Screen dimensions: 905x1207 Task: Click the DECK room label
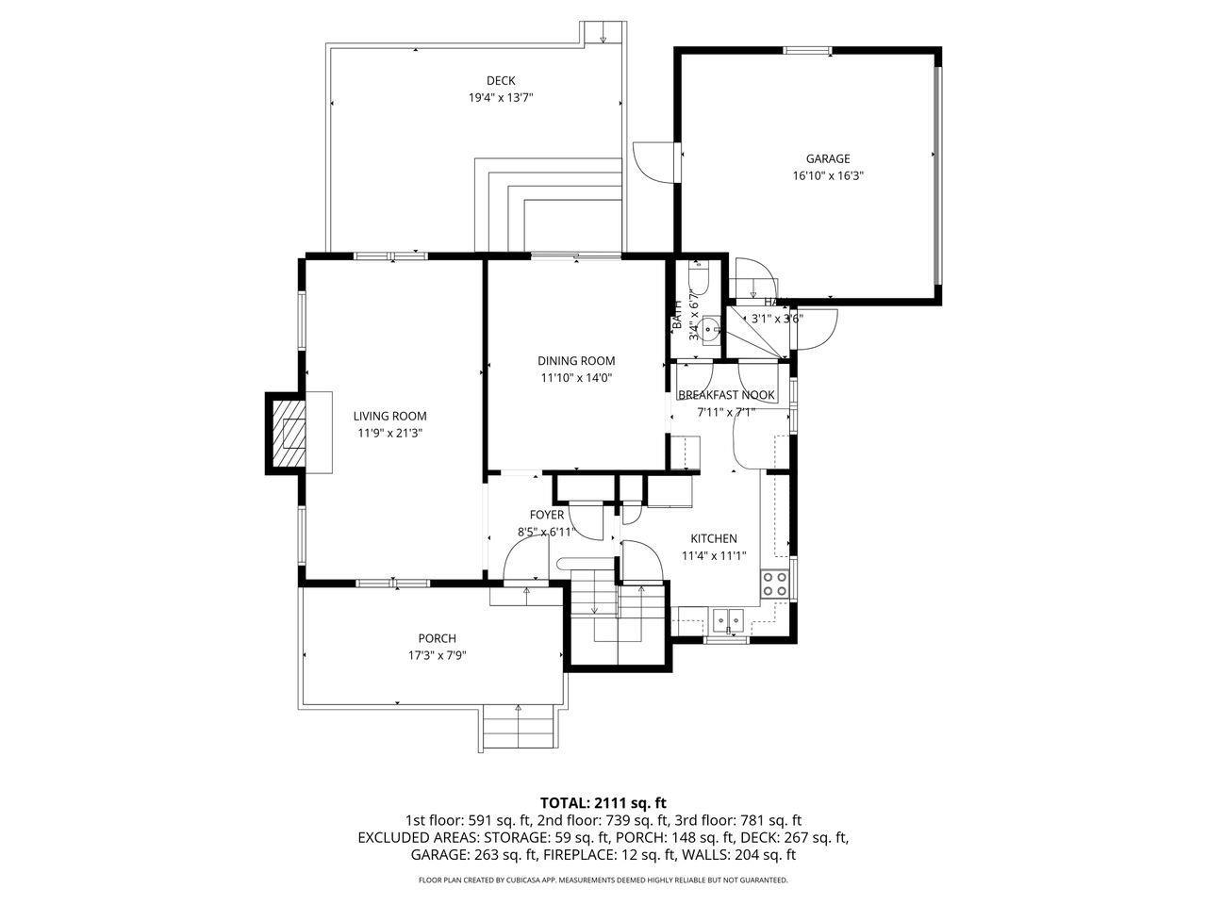501,80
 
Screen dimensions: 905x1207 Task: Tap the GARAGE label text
827,158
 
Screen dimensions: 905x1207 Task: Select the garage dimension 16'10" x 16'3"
827,175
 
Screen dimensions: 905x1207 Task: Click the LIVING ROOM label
389,416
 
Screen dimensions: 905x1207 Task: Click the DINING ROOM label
576,360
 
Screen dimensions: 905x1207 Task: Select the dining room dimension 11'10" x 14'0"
576,378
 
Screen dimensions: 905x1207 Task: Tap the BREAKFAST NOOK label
726,395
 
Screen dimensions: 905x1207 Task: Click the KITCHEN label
714,538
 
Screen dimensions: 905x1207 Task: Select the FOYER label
547,515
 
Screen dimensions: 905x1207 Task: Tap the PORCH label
438,638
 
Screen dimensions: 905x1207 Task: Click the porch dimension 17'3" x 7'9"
438,655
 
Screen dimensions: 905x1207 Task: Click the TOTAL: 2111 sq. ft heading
603,803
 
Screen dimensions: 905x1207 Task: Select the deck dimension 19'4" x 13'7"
501,97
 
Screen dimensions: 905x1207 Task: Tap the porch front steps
517,727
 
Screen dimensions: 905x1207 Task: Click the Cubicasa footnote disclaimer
603,880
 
